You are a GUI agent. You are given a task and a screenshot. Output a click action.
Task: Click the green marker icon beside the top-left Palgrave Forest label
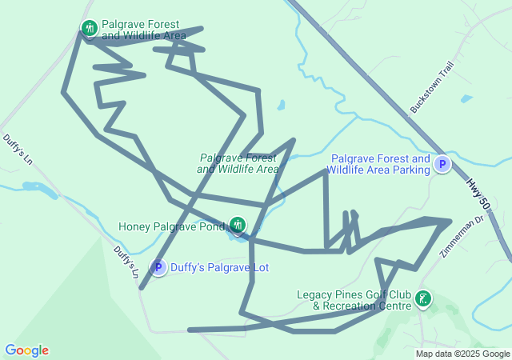[x=89, y=30]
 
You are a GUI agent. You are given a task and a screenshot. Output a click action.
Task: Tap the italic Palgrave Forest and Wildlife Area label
[x=238, y=163]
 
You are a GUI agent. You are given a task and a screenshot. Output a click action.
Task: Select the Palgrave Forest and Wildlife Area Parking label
[x=379, y=164]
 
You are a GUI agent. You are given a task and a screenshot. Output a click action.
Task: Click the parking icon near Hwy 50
[x=442, y=165]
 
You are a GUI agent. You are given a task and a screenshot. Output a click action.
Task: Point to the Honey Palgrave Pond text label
[x=171, y=226]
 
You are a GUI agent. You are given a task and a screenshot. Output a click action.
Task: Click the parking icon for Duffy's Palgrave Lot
[x=158, y=267]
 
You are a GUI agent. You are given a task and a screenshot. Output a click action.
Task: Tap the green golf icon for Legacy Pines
[x=422, y=300]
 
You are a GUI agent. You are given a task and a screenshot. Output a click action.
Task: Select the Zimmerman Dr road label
[x=462, y=236]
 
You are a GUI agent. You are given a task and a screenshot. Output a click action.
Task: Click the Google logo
[x=26, y=350]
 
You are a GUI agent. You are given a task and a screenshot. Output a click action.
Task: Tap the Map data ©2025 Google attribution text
[x=462, y=354]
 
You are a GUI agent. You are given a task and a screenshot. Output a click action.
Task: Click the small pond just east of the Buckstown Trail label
[x=466, y=99]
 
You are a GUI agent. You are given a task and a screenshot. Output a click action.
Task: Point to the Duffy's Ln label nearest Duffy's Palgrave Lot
[x=125, y=262]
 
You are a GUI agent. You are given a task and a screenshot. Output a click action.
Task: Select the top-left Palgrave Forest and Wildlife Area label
[x=143, y=30]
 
